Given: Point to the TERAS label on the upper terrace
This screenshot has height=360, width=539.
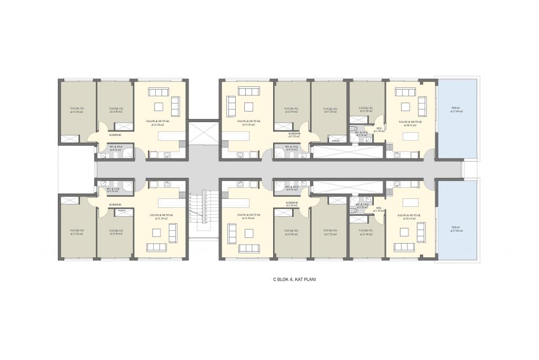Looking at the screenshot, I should pyautogui.click(x=455, y=109).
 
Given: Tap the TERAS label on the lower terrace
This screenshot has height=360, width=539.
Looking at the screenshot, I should pyautogui.click(x=455, y=228).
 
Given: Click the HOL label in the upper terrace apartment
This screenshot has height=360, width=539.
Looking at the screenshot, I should pyautogui.click(x=379, y=128).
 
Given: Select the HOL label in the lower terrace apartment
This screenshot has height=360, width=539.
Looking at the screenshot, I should pyautogui.click(x=379, y=208).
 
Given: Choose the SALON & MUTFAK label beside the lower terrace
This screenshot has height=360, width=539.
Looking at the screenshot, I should pyautogui.click(x=408, y=216).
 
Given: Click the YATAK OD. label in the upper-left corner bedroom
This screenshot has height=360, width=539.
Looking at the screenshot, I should pyautogui.click(x=77, y=109).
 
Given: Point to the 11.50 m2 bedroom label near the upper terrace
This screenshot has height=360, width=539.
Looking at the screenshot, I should pyautogui.click(x=365, y=110).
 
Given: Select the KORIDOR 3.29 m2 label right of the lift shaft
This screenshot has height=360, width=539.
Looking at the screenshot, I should pyautogui.click(x=293, y=135).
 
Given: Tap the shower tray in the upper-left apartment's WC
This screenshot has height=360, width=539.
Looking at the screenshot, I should pyautogui.click(x=103, y=155).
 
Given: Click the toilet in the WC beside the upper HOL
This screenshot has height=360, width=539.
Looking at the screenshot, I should pyautogui.click(x=355, y=128).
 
